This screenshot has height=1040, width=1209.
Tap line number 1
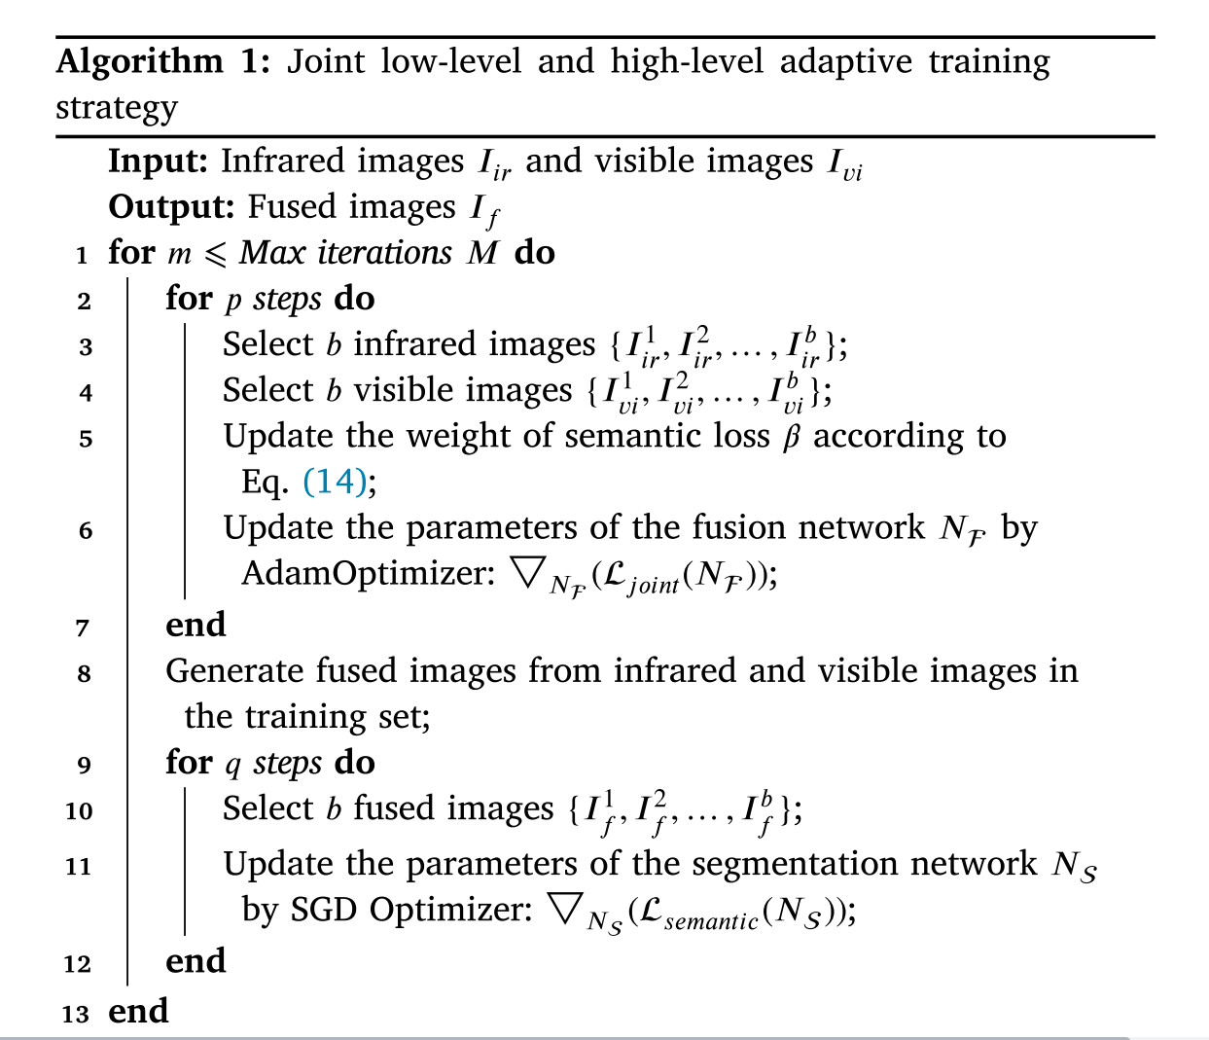tap(83, 255)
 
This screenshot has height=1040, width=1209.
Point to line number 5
tap(86, 439)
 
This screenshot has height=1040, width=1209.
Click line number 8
tap(85, 673)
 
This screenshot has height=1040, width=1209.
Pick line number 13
tap(76, 1014)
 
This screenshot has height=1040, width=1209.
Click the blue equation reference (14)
tap(336, 482)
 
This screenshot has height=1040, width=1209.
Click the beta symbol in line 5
tap(792, 437)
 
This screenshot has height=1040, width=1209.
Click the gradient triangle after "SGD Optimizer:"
tap(565, 908)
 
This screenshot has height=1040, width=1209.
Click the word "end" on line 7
tap(196, 625)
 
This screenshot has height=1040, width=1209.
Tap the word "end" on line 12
tap(196, 961)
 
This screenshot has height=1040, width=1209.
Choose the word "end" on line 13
tap(138, 1012)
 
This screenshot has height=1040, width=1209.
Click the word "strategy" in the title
tap(117, 108)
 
